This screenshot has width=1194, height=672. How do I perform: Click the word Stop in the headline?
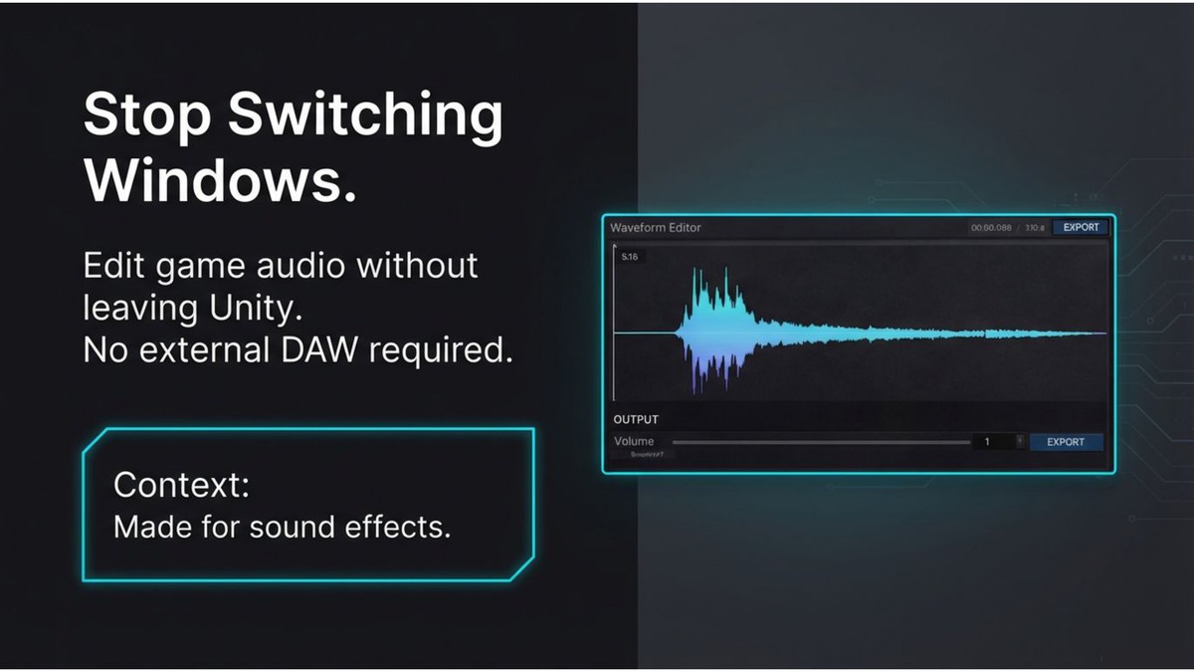coord(146,116)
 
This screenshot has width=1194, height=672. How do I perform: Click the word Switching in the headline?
coord(365,116)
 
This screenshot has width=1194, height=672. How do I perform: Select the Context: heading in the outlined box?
coord(182,485)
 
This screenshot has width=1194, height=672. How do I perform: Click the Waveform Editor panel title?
coord(656,228)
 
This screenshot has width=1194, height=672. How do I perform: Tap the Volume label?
coord(634,441)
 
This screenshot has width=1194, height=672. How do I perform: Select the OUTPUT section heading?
coord(636,419)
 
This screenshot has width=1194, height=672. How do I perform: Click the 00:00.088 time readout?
coord(992,228)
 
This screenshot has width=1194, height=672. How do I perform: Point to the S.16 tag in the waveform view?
coord(630,257)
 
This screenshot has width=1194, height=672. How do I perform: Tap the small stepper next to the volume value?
coord(1019,441)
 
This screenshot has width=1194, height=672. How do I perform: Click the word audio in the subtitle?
coord(299,267)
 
